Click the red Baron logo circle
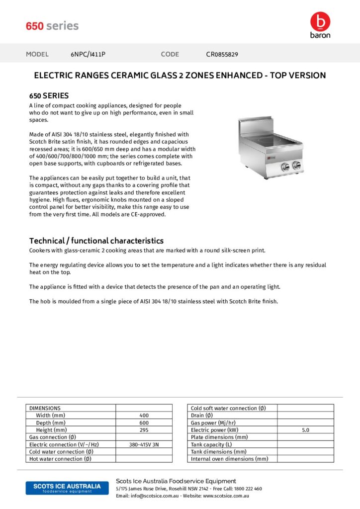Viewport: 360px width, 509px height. (x=320, y=21)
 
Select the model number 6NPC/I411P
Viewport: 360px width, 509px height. (x=88, y=54)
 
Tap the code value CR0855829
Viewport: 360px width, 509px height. (x=222, y=54)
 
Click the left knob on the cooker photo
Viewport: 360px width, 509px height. (x=285, y=167)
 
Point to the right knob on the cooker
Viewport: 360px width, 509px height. (x=297, y=166)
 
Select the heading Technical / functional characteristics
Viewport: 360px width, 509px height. (x=96, y=241)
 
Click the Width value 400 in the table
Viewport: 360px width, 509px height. (x=144, y=416)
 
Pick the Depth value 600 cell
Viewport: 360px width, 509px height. (x=144, y=423)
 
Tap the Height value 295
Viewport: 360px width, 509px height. (x=144, y=430)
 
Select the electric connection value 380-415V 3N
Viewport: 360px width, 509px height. (x=144, y=444)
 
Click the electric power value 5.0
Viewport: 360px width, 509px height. (x=305, y=430)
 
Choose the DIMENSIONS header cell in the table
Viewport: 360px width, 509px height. (x=45, y=408)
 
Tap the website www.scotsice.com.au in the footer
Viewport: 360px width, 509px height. (x=226, y=496)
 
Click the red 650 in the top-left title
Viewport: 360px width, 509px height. (x=35, y=26)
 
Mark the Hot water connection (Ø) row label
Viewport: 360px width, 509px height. (x=60, y=459)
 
